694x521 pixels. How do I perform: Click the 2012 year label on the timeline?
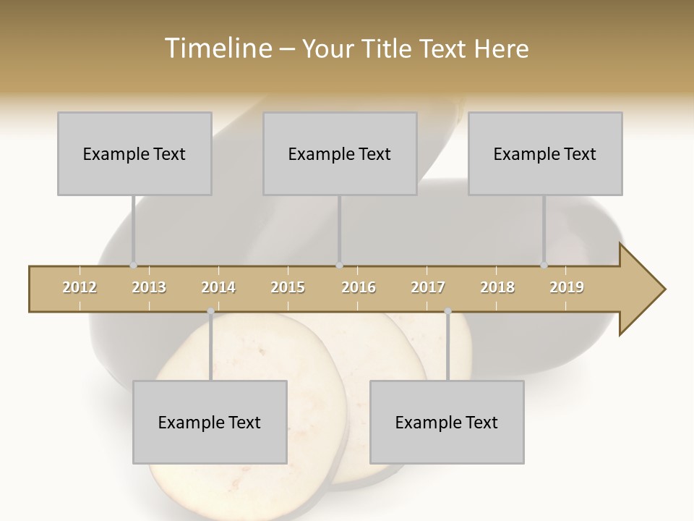80,287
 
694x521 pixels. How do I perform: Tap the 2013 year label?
149,287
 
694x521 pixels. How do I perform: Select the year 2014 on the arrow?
218,287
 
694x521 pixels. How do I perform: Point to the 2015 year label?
288,287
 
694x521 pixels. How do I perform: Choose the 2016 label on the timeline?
359,287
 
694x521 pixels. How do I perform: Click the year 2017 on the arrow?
428,287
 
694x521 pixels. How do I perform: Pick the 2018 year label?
497,287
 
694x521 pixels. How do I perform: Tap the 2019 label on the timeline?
567,287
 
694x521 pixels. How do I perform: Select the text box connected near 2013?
134,153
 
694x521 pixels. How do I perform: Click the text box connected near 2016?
340,153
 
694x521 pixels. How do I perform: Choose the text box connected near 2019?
545,153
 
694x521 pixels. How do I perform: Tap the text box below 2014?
210,422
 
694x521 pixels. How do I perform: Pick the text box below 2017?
447,422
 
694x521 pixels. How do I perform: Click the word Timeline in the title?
217,48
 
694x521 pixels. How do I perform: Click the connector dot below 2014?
210,311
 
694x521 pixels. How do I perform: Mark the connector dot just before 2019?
544,266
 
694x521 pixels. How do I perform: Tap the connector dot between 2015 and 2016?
340,266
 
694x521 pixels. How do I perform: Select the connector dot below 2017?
447,311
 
